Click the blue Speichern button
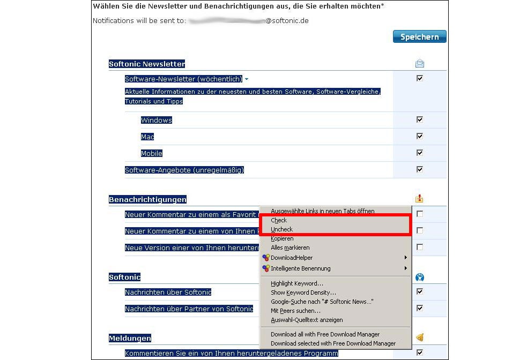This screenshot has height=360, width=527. (419, 36)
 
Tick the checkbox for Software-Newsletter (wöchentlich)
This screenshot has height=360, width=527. (420, 78)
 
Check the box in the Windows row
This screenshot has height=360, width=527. (420, 119)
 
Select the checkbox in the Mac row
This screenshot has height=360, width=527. (420, 136)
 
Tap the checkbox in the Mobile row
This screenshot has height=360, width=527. (420, 153)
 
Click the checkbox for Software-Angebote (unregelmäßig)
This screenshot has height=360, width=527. (420, 169)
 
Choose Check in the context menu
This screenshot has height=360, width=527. (279, 220)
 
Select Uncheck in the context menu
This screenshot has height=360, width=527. (282, 229)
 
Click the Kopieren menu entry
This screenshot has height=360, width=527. (283, 238)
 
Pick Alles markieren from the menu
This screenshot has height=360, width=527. (290, 247)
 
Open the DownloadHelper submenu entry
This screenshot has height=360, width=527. (292, 258)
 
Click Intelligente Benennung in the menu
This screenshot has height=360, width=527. (300, 268)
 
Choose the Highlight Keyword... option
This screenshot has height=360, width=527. (297, 283)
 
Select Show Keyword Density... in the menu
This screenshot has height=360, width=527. (303, 292)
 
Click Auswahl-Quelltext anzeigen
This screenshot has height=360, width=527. (307, 320)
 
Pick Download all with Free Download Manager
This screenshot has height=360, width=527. (325, 334)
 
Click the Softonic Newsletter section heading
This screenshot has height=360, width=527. (147, 64)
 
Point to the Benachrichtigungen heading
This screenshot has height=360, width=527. (147, 199)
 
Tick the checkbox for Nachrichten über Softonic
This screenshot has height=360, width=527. (420, 291)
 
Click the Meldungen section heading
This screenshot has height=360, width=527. (130, 338)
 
